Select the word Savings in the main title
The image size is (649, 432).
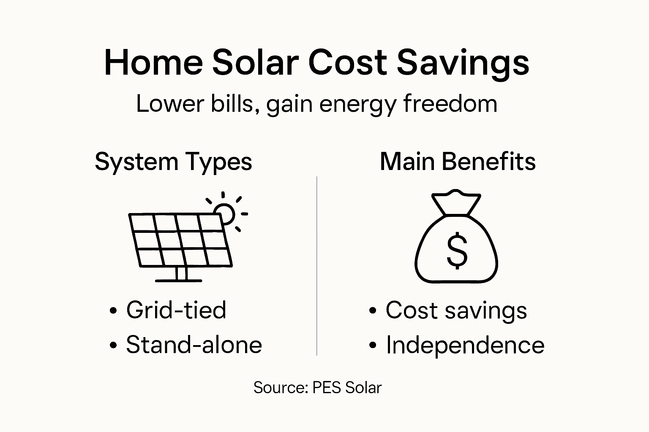click(463, 63)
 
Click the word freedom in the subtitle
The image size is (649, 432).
click(450, 103)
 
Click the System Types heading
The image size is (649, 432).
click(173, 162)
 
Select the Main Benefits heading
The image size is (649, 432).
click(458, 162)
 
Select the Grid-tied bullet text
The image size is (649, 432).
click(176, 310)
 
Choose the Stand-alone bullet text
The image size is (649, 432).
click(194, 345)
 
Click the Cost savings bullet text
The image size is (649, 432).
click(456, 311)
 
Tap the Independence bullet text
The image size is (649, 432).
click(465, 345)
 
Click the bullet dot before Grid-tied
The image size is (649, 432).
click(113, 311)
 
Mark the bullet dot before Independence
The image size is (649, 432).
click(372, 346)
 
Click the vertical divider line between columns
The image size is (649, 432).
click(317, 266)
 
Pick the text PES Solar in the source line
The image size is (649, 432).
click(347, 388)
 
